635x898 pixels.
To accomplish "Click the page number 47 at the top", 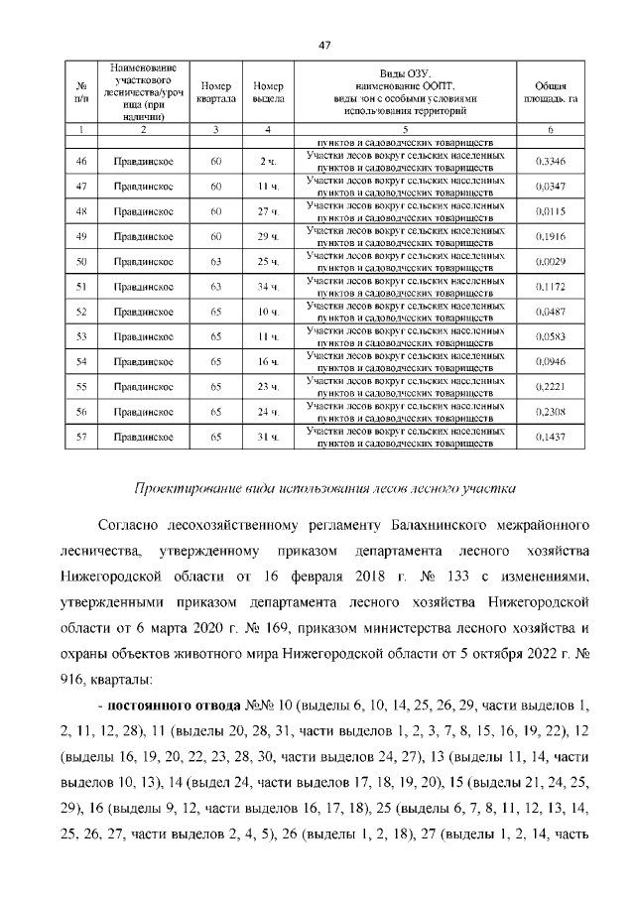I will tap(323, 44).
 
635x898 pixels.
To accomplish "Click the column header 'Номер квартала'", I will tap(216, 92).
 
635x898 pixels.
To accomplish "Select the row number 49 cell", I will tap(81, 236).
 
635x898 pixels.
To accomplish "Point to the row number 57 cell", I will tap(81, 437).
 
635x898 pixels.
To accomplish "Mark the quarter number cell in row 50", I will tap(216, 261).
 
